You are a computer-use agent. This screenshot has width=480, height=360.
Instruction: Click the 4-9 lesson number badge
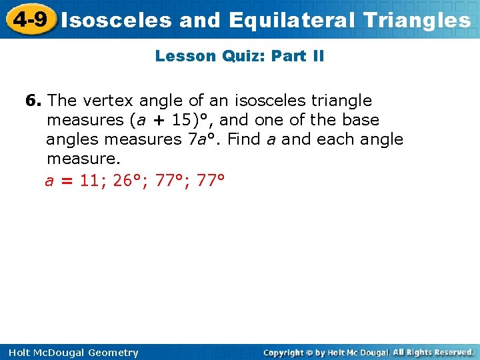point(29,19)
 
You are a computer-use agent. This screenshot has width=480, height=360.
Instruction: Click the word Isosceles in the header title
point(117,20)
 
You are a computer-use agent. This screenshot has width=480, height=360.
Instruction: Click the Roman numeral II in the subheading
point(317,56)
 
